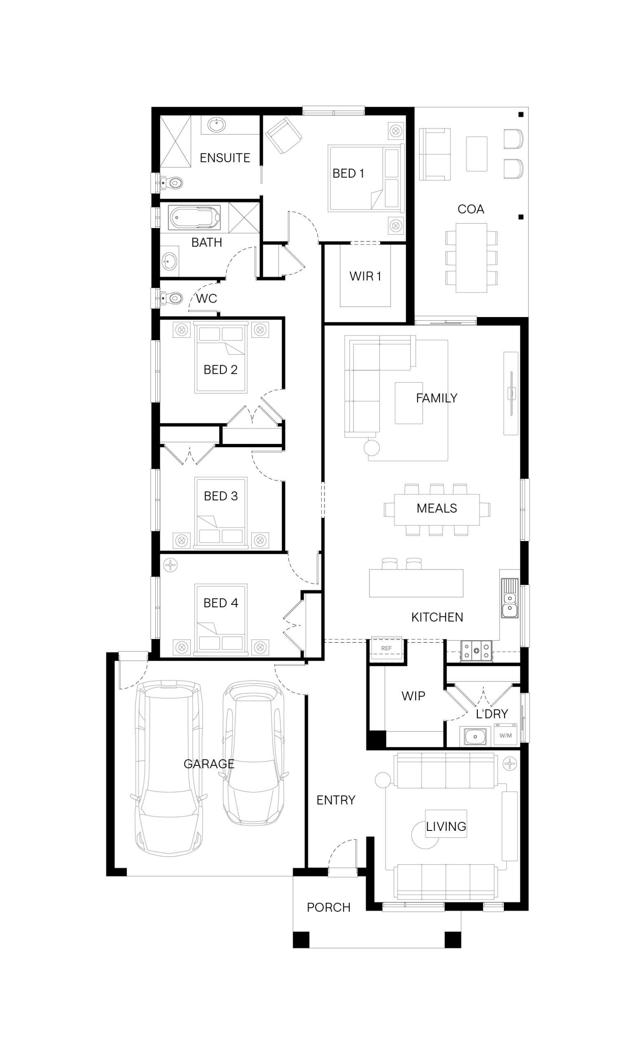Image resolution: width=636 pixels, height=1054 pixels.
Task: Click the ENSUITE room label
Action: [224, 158]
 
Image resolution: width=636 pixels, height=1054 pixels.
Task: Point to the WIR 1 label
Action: [365, 276]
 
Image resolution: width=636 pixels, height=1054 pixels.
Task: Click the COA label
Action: [470, 209]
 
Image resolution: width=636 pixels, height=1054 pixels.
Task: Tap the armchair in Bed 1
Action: [283, 135]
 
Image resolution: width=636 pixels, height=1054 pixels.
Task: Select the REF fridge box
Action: [386, 648]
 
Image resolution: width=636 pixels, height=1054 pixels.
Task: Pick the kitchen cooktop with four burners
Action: [476, 651]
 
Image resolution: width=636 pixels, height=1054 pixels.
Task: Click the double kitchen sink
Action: [509, 598]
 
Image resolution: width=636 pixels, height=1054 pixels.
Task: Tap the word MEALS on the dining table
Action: [437, 508]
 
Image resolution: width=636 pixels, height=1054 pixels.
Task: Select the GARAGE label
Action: [208, 764]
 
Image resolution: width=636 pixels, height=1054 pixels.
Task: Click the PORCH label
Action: [328, 907]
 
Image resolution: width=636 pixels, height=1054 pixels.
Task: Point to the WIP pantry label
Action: [413, 696]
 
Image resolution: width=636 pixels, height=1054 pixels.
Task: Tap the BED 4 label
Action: [220, 603]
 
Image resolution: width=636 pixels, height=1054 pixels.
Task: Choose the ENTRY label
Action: [336, 800]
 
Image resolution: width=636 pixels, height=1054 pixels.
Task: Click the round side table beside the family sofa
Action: [372, 448]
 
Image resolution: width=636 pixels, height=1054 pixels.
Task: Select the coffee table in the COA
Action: [476, 154]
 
